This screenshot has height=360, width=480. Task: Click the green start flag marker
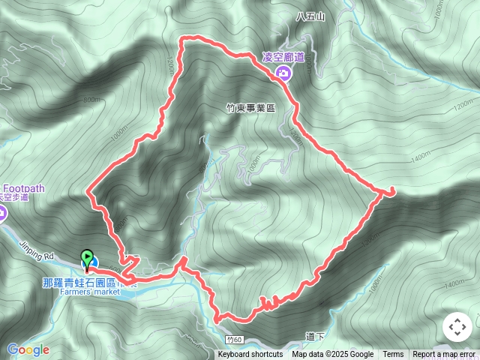pos(87,259)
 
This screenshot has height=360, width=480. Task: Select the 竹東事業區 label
pos(250,107)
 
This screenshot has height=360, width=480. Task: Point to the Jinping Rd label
pos(39,256)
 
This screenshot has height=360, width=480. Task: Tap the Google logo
pos(28,349)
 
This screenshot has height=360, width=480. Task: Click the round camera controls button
pos(457,328)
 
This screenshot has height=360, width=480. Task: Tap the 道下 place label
pos(315,337)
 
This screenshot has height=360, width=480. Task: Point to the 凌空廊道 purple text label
pos(283,57)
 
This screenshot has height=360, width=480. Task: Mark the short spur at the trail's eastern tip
pos(388,193)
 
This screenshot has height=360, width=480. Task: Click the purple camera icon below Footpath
pos(2,214)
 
